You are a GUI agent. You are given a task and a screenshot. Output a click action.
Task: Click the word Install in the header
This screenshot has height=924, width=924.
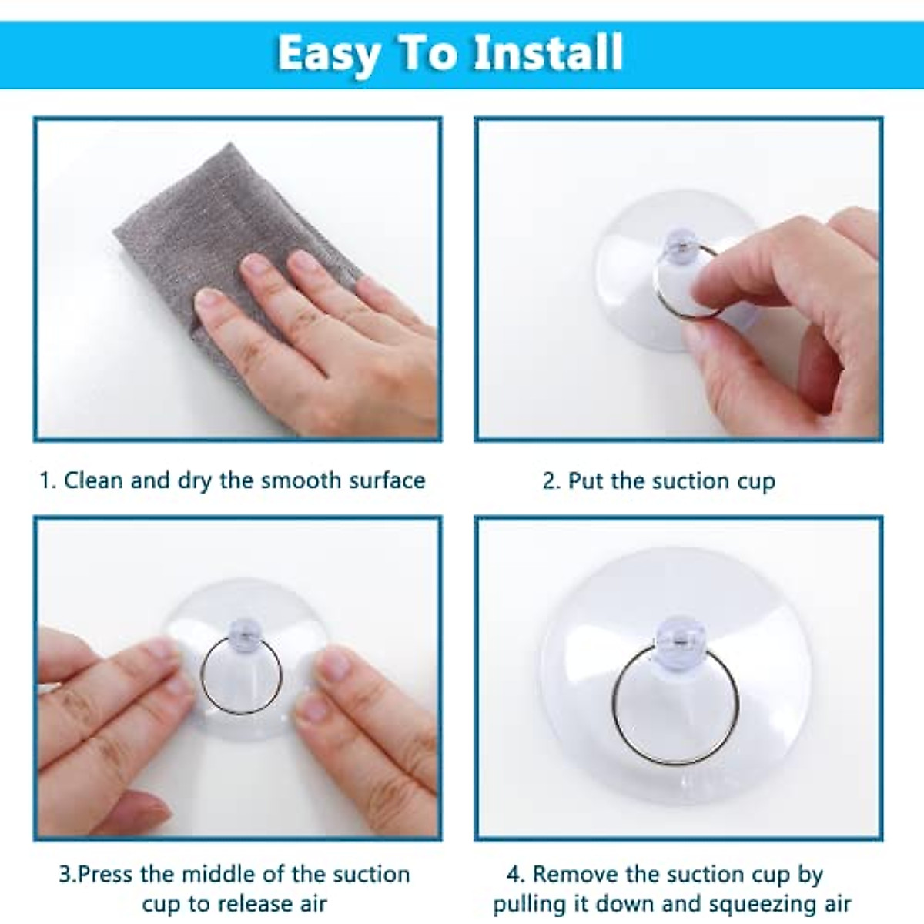[547, 53]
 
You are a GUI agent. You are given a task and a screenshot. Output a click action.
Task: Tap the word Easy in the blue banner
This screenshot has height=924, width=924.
[328, 54]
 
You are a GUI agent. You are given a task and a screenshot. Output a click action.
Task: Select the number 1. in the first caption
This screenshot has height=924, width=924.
[48, 480]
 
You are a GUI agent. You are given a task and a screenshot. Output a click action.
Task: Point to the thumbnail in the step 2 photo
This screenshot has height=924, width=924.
[708, 291]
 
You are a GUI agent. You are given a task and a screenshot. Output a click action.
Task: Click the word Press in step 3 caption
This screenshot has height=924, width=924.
[108, 875]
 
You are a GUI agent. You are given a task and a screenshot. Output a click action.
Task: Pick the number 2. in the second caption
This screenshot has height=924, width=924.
[551, 481]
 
